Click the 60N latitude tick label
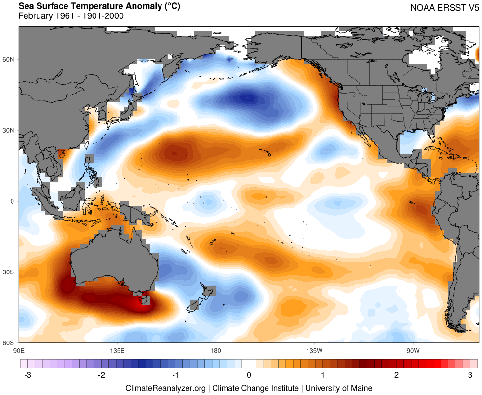[x=9, y=59]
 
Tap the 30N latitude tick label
[x=9, y=130]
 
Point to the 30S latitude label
[x=9, y=272]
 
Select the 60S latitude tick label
[x=9, y=343]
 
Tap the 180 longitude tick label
[x=215, y=350]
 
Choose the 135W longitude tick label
[x=314, y=350]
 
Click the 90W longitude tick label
[x=412, y=350]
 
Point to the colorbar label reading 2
[x=396, y=375]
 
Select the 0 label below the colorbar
[x=249, y=375]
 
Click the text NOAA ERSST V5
[x=443, y=8]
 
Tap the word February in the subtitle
[x=35, y=16]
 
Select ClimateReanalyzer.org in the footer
[x=166, y=388]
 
